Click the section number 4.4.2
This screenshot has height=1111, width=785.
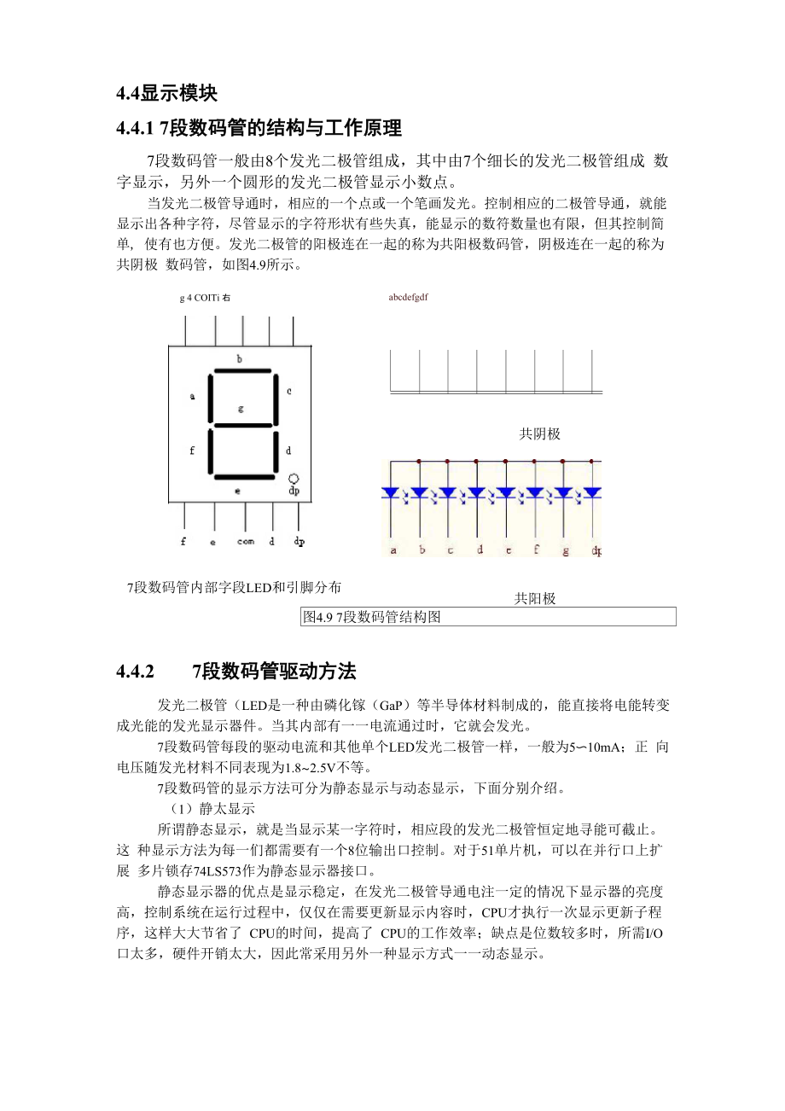click(135, 672)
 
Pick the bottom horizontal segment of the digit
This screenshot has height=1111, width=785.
click(243, 476)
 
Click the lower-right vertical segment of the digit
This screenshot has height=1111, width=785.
click(275, 451)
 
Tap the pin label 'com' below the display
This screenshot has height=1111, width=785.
click(245, 541)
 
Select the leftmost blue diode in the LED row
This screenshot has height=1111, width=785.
click(391, 493)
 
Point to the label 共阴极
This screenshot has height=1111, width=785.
click(540, 434)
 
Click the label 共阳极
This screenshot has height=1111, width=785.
click(535, 599)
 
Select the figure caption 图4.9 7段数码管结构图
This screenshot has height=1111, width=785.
click(372, 617)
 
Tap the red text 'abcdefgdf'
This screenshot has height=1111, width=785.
click(408, 297)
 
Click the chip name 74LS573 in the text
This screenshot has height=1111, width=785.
click(213, 870)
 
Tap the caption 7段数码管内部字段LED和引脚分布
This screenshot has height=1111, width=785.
click(234, 587)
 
